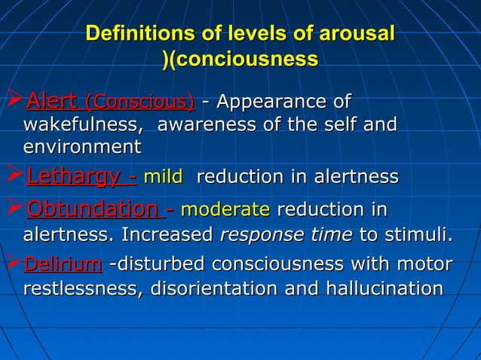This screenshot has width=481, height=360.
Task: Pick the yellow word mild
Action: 163,178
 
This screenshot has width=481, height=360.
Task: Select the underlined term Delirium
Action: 63,264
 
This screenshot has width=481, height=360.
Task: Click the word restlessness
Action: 79,288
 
